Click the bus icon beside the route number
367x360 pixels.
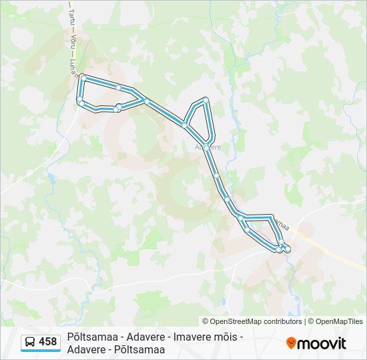(x=30, y=342)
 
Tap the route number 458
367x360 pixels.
(x=48, y=342)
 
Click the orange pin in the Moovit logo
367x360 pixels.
(x=291, y=343)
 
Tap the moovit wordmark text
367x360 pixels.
(x=322, y=343)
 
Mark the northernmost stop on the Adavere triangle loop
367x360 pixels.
(x=206, y=100)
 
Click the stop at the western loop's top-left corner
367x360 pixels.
(x=83, y=78)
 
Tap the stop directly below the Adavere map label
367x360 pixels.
(x=208, y=150)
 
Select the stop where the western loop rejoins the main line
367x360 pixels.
(x=145, y=101)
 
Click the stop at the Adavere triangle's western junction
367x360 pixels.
(x=183, y=124)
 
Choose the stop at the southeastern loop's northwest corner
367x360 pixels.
(x=240, y=217)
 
